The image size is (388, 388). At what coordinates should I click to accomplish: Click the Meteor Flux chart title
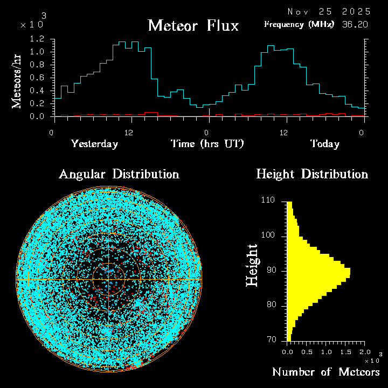pos(193,25)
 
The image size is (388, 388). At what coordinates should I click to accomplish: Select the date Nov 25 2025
pos(328,11)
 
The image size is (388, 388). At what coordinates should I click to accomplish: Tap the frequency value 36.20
pos(356,25)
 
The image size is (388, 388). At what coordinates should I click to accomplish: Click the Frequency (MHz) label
pos(299,25)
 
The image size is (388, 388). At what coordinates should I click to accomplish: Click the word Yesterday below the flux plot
pos(94,144)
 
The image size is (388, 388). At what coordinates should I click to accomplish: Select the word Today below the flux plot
pos(324,144)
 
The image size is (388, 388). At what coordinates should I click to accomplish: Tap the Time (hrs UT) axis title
pos(207,144)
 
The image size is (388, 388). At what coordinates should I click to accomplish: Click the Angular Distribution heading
pos(119,174)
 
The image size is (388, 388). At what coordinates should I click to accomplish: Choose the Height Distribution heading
pos(312,174)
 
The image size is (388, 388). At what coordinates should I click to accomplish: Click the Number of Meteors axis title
pos(326,372)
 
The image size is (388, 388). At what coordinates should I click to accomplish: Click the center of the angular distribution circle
pos(109,280)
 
